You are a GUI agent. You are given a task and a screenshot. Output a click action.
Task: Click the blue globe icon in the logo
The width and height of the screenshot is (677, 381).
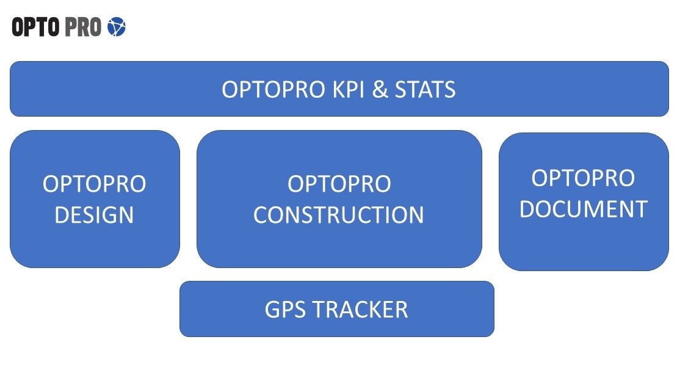(117, 27)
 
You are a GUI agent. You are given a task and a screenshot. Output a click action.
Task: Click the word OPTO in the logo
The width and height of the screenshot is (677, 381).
(35, 27)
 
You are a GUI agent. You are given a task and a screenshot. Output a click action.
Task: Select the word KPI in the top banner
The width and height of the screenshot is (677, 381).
(349, 89)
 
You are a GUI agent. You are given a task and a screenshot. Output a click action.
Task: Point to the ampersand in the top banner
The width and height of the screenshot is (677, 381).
(380, 89)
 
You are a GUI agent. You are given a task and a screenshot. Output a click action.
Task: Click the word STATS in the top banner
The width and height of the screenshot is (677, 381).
(425, 89)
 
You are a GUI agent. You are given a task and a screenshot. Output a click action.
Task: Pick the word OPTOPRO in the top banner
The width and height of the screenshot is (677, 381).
(273, 89)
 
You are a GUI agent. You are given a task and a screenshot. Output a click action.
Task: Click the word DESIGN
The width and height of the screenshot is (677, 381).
(94, 215)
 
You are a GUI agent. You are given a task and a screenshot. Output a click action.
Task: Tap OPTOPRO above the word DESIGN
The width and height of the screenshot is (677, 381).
(94, 184)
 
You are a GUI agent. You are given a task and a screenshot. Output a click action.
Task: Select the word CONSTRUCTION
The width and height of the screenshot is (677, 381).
(339, 215)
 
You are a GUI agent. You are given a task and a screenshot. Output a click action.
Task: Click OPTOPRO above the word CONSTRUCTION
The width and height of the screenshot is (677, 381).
(339, 184)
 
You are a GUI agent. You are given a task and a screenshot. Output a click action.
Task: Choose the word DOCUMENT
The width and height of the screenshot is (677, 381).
(584, 209)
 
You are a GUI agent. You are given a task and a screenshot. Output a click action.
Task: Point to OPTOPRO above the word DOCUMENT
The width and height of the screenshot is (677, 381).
(584, 178)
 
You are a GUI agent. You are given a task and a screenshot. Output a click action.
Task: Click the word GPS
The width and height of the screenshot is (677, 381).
(285, 310)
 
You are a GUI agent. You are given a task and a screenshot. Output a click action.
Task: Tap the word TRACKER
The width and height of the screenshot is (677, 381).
(360, 310)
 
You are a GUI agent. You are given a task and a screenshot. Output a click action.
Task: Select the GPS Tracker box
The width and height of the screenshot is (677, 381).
(337, 309)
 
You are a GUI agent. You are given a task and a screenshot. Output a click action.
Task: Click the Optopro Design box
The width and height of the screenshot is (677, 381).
(95, 198)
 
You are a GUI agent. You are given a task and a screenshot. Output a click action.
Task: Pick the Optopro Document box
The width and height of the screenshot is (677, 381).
(584, 201)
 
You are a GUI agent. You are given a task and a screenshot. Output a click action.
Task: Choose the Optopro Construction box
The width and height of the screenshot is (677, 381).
(339, 198)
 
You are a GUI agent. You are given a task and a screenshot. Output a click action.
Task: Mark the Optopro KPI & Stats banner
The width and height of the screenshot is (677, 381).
(339, 89)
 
